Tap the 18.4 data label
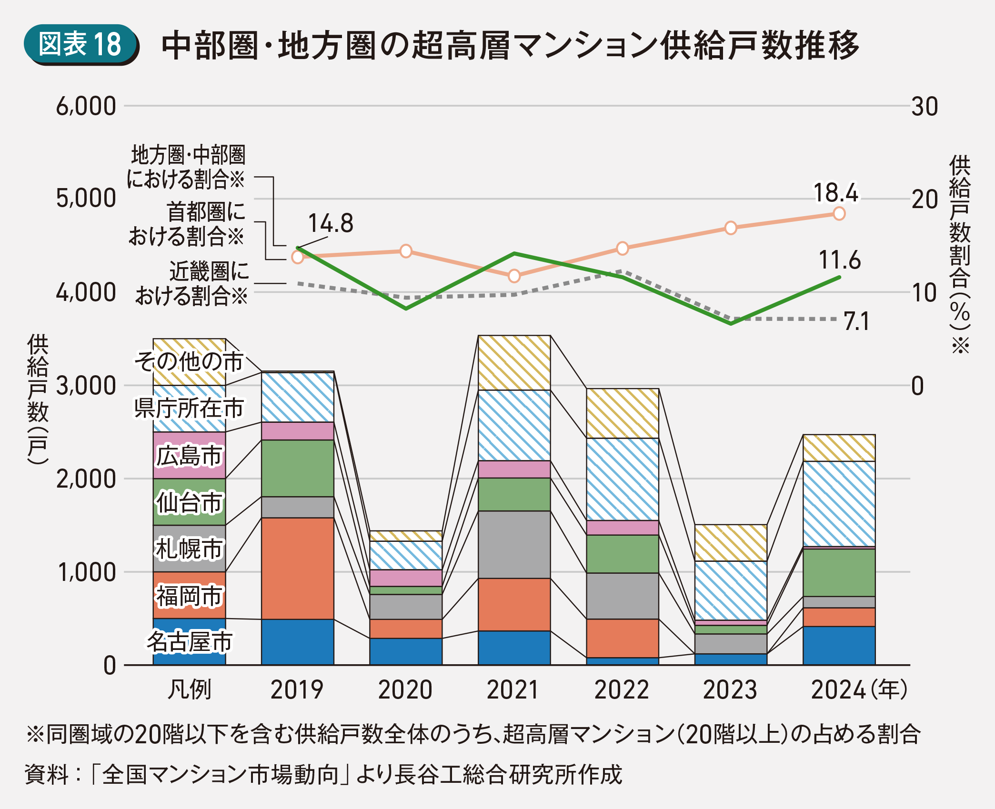pyautogui.click(x=835, y=193)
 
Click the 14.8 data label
pyautogui.click(x=331, y=223)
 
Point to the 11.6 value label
pyautogui.click(x=839, y=260)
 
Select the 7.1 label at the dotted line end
pyautogui.click(x=856, y=321)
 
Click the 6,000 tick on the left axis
pyautogui.click(x=86, y=106)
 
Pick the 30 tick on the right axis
pyautogui.click(x=925, y=107)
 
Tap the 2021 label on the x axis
pyautogui.click(x=513, y=690)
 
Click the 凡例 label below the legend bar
pyautogui.click(x=189, y=690)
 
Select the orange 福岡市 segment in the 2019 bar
pyautogui.click(x=298, y=568)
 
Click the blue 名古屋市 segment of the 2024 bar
pyautogui.click(x=839, y=646)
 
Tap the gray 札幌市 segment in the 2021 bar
pyautogui.click(x=514, y=544)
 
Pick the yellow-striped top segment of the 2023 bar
pyautogui.click(x=731, y=543)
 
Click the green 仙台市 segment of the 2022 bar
pyautogui.click(x=623, y=554)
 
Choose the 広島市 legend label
pyautogui.click(x=189, y=456)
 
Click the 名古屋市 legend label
pyautogui.click(x=189, y=641)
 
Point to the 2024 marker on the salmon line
pyautogui.click(x=839, y=213)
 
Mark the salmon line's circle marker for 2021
pyautogui.click(x=514, y=276)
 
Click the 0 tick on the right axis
pyautogui.click(x=917, y=386)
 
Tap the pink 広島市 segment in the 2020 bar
pyautogui.click(x=406, y=578)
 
